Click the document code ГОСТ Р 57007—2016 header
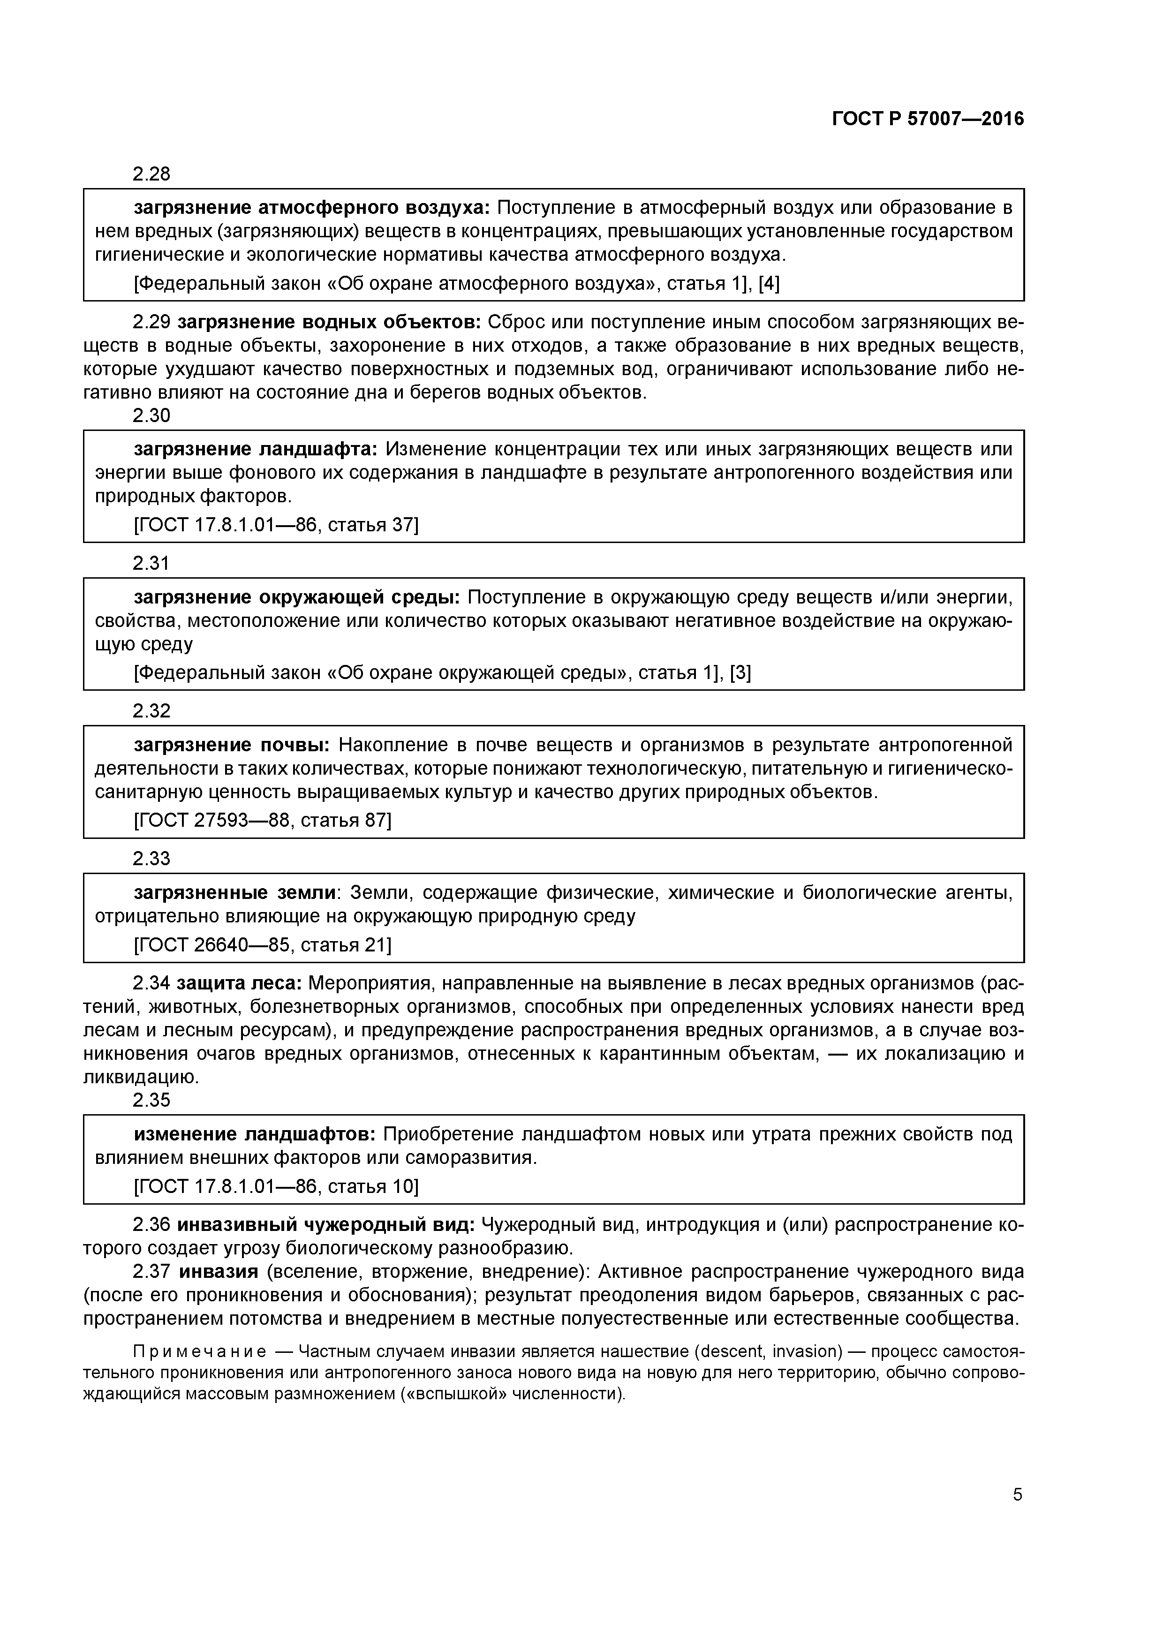tap(928, 120)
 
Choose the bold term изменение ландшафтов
tap(254, 1134)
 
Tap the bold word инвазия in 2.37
tap(218, 1272)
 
